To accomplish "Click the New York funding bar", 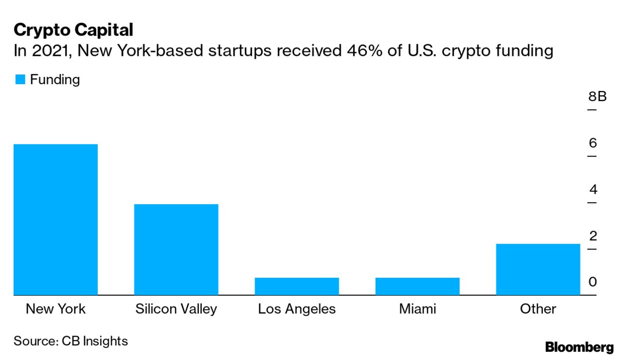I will (x=55, y=219).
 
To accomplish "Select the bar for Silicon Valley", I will (x=176, y=249).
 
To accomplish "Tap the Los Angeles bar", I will (x=297, y=286).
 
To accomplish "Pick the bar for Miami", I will (x=417, y=286).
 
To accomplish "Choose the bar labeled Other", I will (x=538, y=269).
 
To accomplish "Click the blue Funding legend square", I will (x=20, y=80).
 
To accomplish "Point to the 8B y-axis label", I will (x=597, y=96).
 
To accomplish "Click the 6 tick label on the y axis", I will (x=592, y=143).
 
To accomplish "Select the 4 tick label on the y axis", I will (x=592, y=190).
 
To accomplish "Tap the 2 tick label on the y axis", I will (x=592, y=236).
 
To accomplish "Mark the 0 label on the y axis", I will (x=592, y=282).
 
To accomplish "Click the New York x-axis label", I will (x=55, y=309).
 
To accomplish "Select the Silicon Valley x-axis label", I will (x=176, y=309).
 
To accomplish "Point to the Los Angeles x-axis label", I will (x=297, y=309).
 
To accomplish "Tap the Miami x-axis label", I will (x=417, y=309).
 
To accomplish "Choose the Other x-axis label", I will (x=538, y=309).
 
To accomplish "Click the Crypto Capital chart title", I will (x=73, y=30).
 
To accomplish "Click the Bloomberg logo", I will (x=579, y=347).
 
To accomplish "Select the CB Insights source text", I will (x=94, y=341).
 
